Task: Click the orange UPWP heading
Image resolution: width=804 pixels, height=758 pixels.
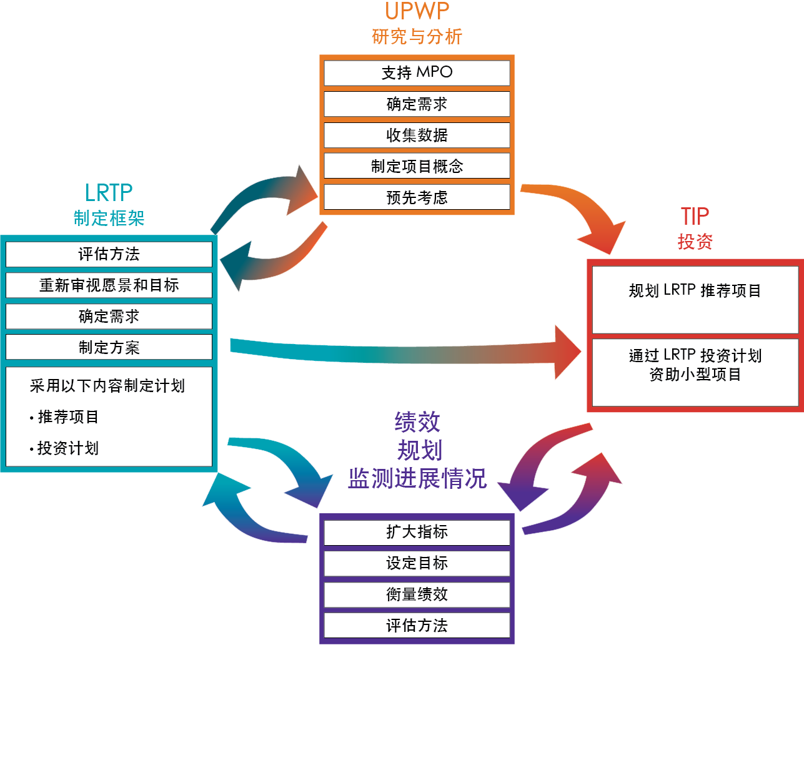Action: point(417,11)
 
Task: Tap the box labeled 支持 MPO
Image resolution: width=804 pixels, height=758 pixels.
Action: point(417,72)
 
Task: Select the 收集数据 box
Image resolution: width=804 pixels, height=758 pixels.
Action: point(417,135)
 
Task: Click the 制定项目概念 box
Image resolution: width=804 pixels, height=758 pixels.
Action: point(417,166)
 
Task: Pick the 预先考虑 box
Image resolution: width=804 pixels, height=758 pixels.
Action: point(417,197)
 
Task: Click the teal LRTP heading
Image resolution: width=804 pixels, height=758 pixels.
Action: point(109,193)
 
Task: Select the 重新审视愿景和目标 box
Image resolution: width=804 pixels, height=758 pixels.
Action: point(109,285)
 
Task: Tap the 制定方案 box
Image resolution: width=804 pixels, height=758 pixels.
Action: point(109,347)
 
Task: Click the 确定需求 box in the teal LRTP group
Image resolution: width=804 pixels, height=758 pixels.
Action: point(109,317)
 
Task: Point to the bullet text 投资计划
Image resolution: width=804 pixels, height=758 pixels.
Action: point(68,448)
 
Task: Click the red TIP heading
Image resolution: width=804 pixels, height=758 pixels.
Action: point(695,217)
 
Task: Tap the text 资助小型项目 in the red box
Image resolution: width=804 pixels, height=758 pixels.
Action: point(695,375)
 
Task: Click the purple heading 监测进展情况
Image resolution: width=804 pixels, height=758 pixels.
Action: point(417,478)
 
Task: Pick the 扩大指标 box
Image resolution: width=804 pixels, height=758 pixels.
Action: point(417,532)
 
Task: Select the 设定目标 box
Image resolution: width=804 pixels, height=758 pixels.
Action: point(417,563)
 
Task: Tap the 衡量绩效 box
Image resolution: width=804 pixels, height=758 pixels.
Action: point(417,594)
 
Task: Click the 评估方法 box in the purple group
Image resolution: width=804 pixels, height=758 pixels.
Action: point(417,626)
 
